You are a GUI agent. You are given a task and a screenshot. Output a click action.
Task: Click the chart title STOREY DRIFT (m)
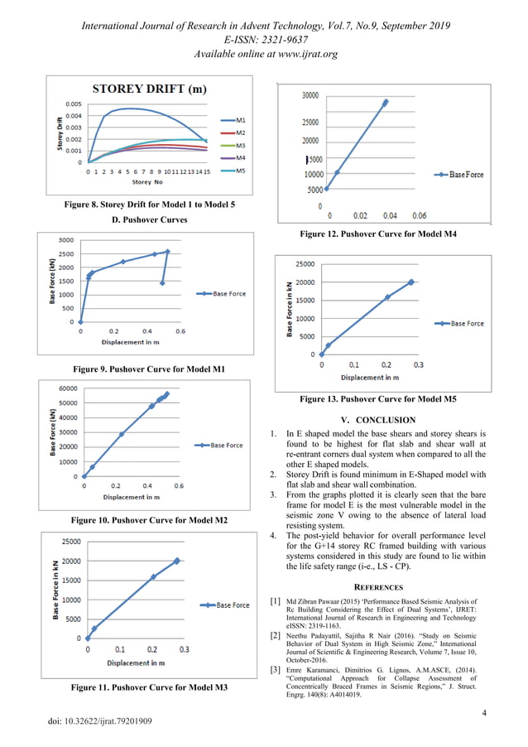(151, 89)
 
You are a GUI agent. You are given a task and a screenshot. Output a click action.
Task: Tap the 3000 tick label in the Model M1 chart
(64, 240)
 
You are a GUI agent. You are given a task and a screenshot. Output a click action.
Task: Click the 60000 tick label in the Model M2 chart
(66, 388)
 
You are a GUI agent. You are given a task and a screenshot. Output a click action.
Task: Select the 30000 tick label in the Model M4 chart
(309, 95)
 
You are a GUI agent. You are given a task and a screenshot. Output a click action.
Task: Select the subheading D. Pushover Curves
(149, 220)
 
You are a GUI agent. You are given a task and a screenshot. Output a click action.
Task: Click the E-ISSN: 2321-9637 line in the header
(264, 41)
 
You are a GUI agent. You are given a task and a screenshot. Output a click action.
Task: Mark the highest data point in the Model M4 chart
(385, 103)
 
